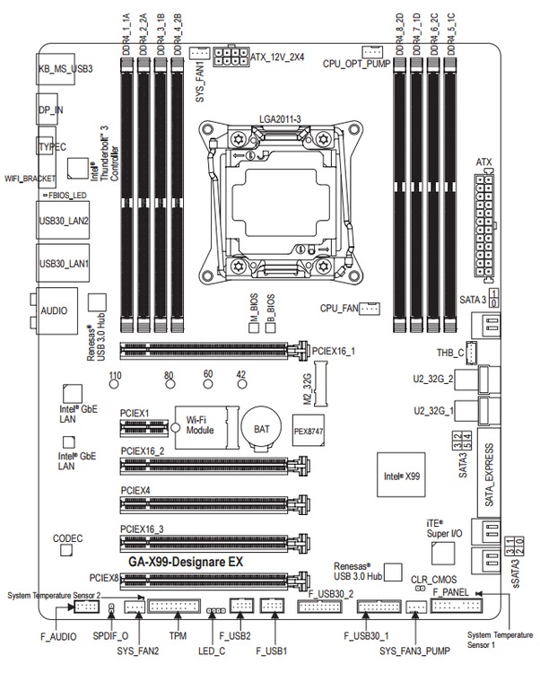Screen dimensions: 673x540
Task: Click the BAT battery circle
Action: (261, 429)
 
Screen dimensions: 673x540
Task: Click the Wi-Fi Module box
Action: (205, 424)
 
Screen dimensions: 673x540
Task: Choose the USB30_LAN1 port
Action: (62, 265)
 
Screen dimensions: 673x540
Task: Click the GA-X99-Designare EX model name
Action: (186, 562)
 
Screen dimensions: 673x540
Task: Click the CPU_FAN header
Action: (372, 309)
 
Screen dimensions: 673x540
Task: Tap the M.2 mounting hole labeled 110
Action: (115, 386)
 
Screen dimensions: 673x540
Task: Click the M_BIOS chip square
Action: (255, 328)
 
